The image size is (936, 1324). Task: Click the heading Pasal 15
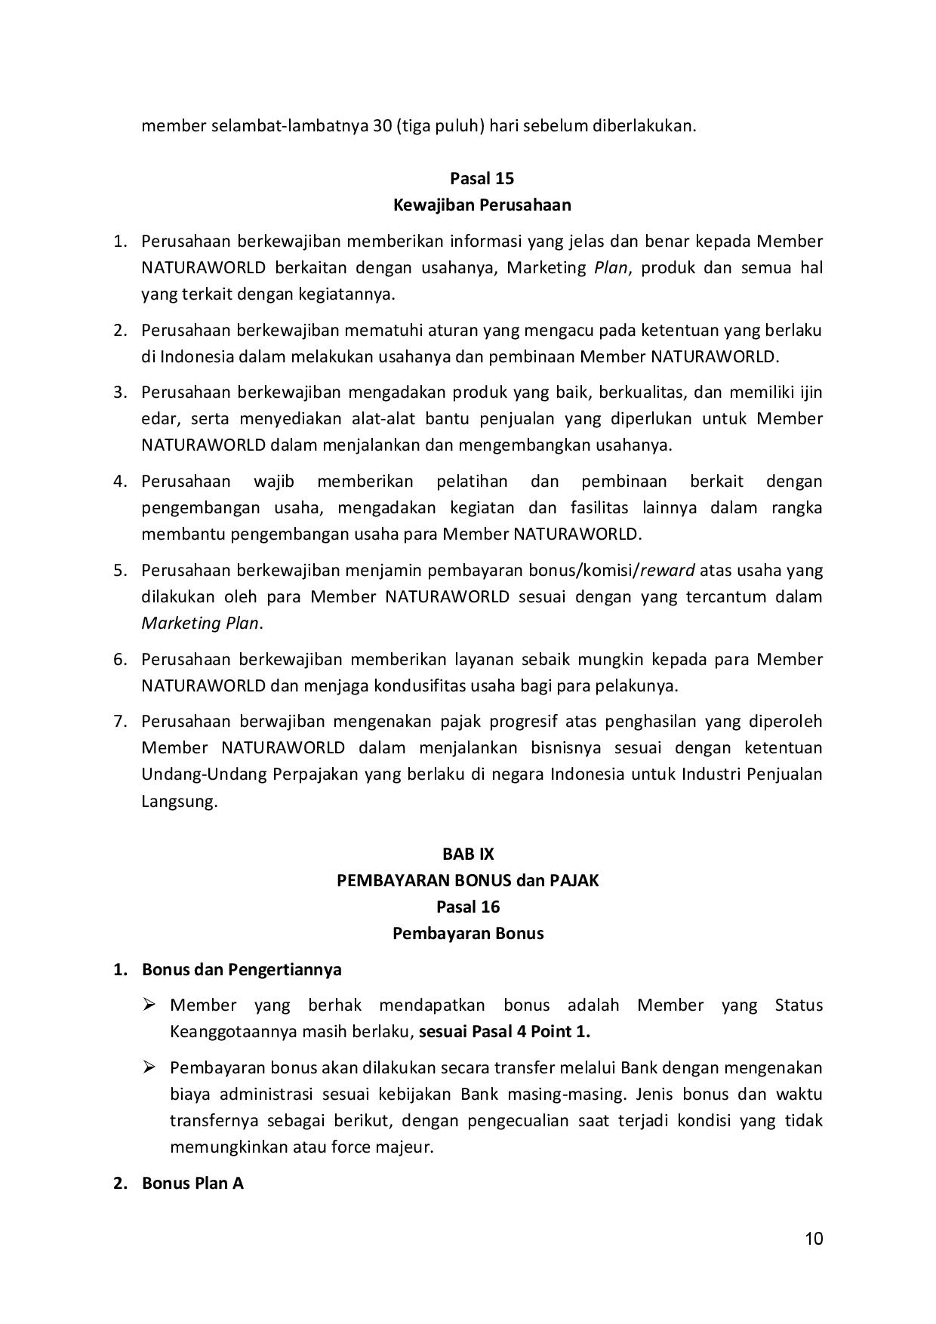[x=482, y=178]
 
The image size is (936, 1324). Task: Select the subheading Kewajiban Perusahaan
[x=482, y=205]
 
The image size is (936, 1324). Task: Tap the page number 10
[x=814, y=1239]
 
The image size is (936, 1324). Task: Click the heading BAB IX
[x=468, y=854]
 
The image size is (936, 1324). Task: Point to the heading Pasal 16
[x=468, y=907]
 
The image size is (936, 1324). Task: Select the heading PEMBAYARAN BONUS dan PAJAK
[x=468, y=880]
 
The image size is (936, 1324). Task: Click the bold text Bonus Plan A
[x=192, y=1183]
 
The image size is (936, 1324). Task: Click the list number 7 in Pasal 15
[x=119, y=721]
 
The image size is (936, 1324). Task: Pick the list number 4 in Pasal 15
[x=119, y=481]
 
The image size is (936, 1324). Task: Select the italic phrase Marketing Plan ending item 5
[x=200, y=624]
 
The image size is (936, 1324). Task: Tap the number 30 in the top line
[x=381, y=125]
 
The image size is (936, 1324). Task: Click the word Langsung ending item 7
[x=178, y=801]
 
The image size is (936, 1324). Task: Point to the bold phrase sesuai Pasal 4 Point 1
[x=504, y=1031]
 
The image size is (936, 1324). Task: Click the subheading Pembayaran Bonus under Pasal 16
[x=468, y=933]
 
